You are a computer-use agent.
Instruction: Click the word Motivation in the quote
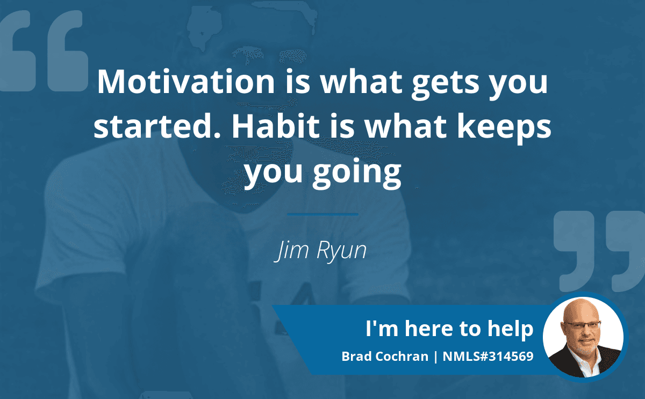186,82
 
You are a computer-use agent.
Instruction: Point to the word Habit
276,126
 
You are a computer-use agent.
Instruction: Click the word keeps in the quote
504,129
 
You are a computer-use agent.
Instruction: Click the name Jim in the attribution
290,250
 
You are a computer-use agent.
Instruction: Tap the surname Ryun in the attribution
341,251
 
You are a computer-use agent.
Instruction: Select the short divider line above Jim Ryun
323,215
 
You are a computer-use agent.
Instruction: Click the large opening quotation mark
44,51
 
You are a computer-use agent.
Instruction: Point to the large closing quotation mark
599,251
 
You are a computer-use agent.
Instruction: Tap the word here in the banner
428,329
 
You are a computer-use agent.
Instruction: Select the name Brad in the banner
356,357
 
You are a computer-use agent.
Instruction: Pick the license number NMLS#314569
488,357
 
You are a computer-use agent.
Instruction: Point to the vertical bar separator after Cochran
435,357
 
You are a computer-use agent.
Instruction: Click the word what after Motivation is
361,82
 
